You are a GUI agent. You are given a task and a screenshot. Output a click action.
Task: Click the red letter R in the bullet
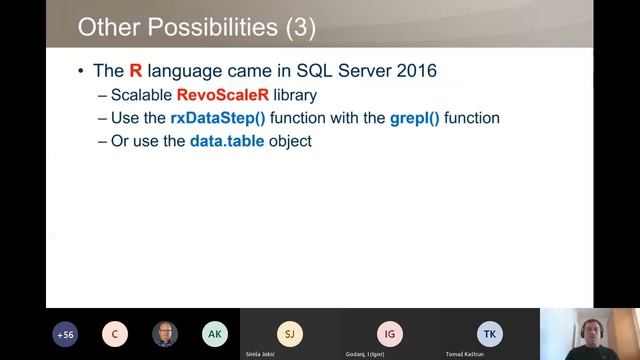(136, 71)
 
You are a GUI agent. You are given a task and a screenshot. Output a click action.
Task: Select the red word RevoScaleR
(213, 96)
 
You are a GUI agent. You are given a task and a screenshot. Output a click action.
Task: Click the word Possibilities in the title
(208, 27)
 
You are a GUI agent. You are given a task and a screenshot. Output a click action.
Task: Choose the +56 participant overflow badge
(66, 334)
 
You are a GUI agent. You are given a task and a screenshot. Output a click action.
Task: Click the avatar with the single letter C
(115, 334)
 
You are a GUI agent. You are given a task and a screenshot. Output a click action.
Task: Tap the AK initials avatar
(214, 334)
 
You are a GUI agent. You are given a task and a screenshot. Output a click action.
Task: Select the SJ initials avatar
(289, 333)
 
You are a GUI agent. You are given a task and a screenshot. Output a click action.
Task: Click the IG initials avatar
(390, 333)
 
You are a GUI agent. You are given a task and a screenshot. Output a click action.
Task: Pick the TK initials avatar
(490, 333)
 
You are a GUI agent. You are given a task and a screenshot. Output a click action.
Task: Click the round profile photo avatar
(165, 334)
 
